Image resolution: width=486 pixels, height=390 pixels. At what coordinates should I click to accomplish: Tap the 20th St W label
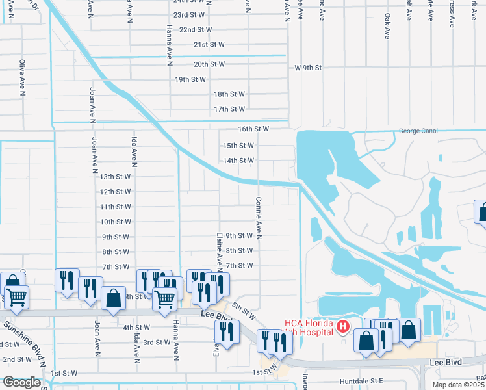[x=209, y=64]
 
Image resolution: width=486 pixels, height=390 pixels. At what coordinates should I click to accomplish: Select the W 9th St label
[x=309, y=68]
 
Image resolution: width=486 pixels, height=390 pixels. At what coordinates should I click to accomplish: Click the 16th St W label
[x=253, y=129]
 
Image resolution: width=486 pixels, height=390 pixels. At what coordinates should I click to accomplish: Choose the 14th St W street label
[x=238, y=161]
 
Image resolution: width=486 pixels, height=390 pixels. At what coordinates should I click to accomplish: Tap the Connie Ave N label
[x=259, y=218]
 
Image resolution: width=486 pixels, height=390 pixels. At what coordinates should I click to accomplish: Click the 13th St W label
[x=116, y=177]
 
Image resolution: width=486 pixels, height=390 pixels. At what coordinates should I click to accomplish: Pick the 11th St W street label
[x=116, y=207]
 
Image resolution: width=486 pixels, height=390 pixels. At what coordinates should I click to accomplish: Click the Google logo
[x=21, y=383]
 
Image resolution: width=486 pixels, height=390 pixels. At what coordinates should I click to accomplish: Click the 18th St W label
[x=230, y=94]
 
